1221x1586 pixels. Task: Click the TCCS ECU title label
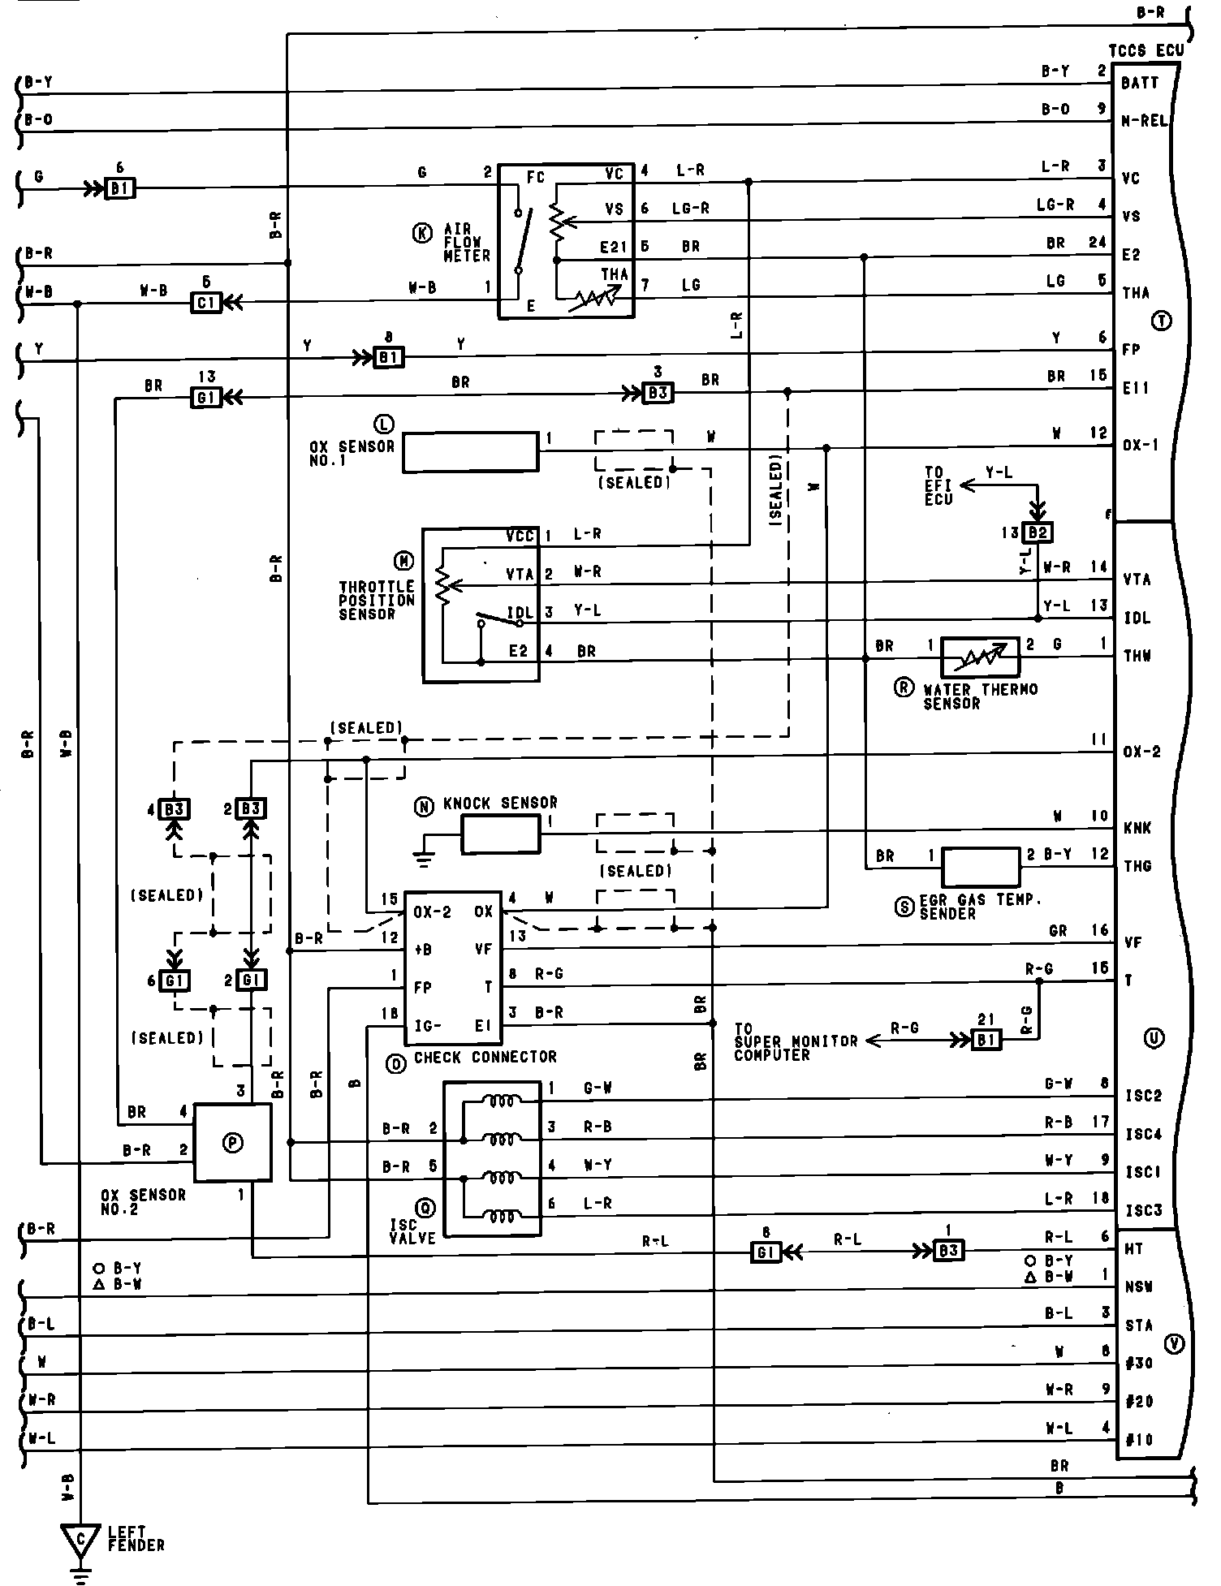[1145, 50]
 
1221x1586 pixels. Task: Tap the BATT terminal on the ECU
[1139, 83]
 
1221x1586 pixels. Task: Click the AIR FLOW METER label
[467, 243]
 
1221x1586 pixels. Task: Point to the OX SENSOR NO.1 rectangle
[470, 451]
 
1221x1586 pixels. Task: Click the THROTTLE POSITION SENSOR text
[377, 600]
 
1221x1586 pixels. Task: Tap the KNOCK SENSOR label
[500, 804]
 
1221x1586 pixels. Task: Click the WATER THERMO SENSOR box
[980, 657]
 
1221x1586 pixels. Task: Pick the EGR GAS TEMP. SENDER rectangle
[981, 867]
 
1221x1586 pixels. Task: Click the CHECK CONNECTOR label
[485, 1057]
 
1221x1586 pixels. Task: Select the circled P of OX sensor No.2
[232, 1142]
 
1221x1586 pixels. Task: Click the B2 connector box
[1038, 532]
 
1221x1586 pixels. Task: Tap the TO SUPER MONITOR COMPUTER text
[796, 1041]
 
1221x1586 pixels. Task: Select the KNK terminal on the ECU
[1137, 828]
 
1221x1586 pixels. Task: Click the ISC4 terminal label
[1143, 1134]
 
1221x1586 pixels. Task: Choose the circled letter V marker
[1174, 1343]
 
